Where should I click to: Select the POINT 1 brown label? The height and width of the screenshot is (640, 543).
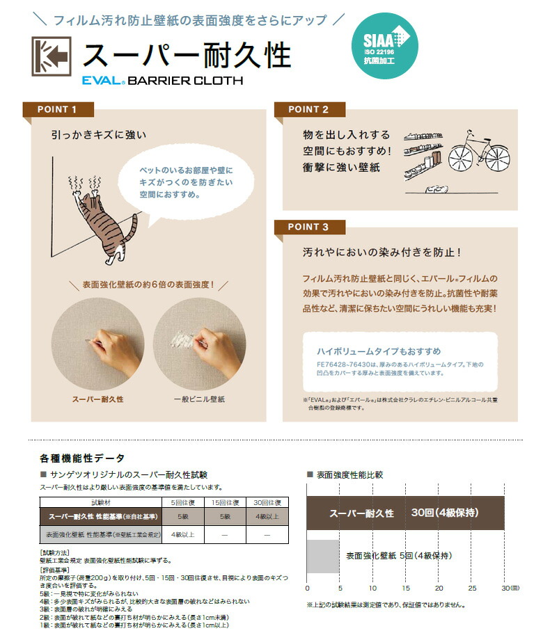click(58, 109)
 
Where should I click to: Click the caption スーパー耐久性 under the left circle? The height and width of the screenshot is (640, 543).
click(98, 399)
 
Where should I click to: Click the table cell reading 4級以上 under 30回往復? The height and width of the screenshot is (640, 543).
click(267, 516)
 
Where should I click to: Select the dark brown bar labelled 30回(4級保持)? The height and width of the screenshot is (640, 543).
click(406, 513)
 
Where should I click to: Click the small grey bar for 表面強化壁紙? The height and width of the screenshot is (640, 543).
click(323, 556)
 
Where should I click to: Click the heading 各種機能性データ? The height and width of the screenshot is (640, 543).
click(83, 458)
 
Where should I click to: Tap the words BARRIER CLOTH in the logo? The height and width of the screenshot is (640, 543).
click(185, 80)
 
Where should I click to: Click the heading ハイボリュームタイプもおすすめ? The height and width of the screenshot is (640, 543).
click(379, 351)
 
